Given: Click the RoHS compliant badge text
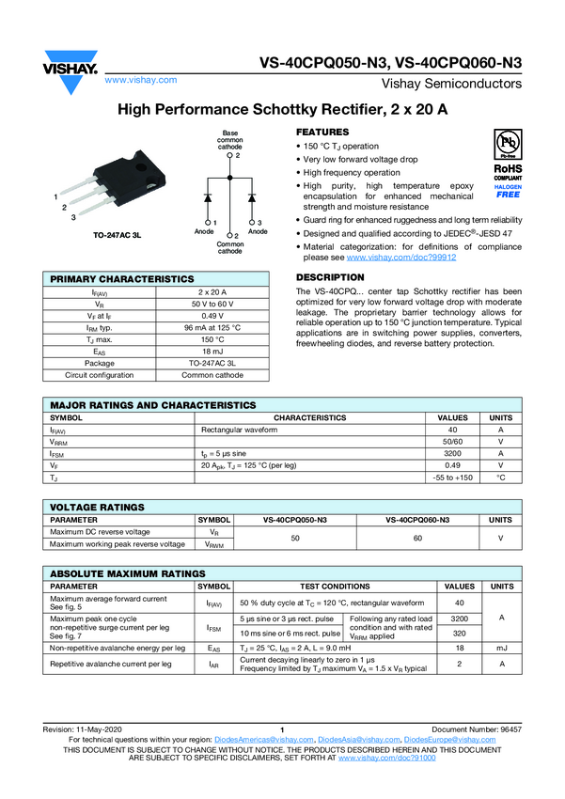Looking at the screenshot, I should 508,170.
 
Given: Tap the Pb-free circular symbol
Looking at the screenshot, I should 508,143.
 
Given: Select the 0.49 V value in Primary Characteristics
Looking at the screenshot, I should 218,315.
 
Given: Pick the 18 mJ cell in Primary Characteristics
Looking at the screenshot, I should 218,351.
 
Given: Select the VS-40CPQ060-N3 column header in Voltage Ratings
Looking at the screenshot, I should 417,519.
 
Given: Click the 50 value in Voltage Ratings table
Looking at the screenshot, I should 295,538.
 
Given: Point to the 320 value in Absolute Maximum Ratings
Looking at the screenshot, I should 459,634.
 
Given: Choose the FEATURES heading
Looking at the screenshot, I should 322,133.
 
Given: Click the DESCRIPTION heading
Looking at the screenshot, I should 330,277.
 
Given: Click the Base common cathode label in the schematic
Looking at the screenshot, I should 229,140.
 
